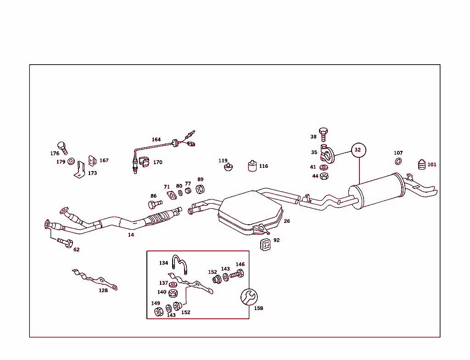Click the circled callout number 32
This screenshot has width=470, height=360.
coord(358,150)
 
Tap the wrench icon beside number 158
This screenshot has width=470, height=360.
coord(249,297)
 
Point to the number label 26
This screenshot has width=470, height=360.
coord(287,221)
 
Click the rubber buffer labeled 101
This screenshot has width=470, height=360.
coord(421,165)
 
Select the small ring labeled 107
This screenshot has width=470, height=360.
coord(398,161)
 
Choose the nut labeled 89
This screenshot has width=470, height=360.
coord(200,188)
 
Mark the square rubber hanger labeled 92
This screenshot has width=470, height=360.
coord(265,244)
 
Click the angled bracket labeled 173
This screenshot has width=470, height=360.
coord(81,169)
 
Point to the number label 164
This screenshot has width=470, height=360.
coord(157,139)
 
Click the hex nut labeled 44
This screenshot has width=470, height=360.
coord(324,176)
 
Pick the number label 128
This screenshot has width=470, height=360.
coord(103,290)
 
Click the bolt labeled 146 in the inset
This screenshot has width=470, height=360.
coord(237,275)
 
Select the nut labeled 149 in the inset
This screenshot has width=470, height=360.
coord(158,312)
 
